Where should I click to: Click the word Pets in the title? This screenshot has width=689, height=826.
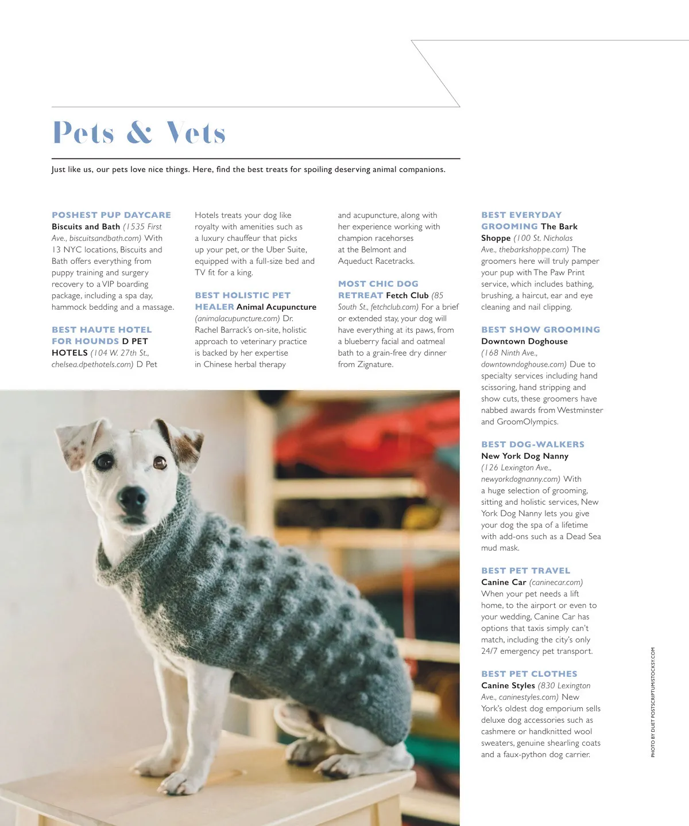pyautogui.click(x=83, y=133)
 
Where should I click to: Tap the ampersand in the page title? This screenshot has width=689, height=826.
pyautogui.click(x=140, y=133)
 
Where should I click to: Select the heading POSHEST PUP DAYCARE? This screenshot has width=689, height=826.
pyautogui.click(x=111, y=215)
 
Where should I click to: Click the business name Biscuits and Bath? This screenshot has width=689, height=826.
pyautogui.click(x=86, y=227)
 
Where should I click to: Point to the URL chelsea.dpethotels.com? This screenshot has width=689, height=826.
pyautogui.click(x=92, y=364)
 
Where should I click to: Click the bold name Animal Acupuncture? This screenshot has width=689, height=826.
pyautogui.click(x=276, y=307)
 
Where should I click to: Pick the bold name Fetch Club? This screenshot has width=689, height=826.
pyautogui.click(x=407, y=295)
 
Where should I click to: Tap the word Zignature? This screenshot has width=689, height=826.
pyautogui.click(x=375, y=364)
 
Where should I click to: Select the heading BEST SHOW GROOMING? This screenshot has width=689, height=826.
pyautogui.click(x=540, y=330)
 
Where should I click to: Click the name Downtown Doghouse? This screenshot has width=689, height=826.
pyautogui.click(x=524, y=341)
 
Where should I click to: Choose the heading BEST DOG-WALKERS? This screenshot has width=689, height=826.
pyautogui.click(x=533, y=445)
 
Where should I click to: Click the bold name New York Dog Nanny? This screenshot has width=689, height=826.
pyautogui.click(x=525, y=456)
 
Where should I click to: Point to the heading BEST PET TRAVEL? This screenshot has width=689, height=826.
pyautogui.click(x=526, y=571)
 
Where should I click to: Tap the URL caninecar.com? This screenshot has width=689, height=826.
pyautogui.click(x=556, y=582)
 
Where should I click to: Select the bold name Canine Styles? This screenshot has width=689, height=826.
pyautogui.click(x=508, y=685)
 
